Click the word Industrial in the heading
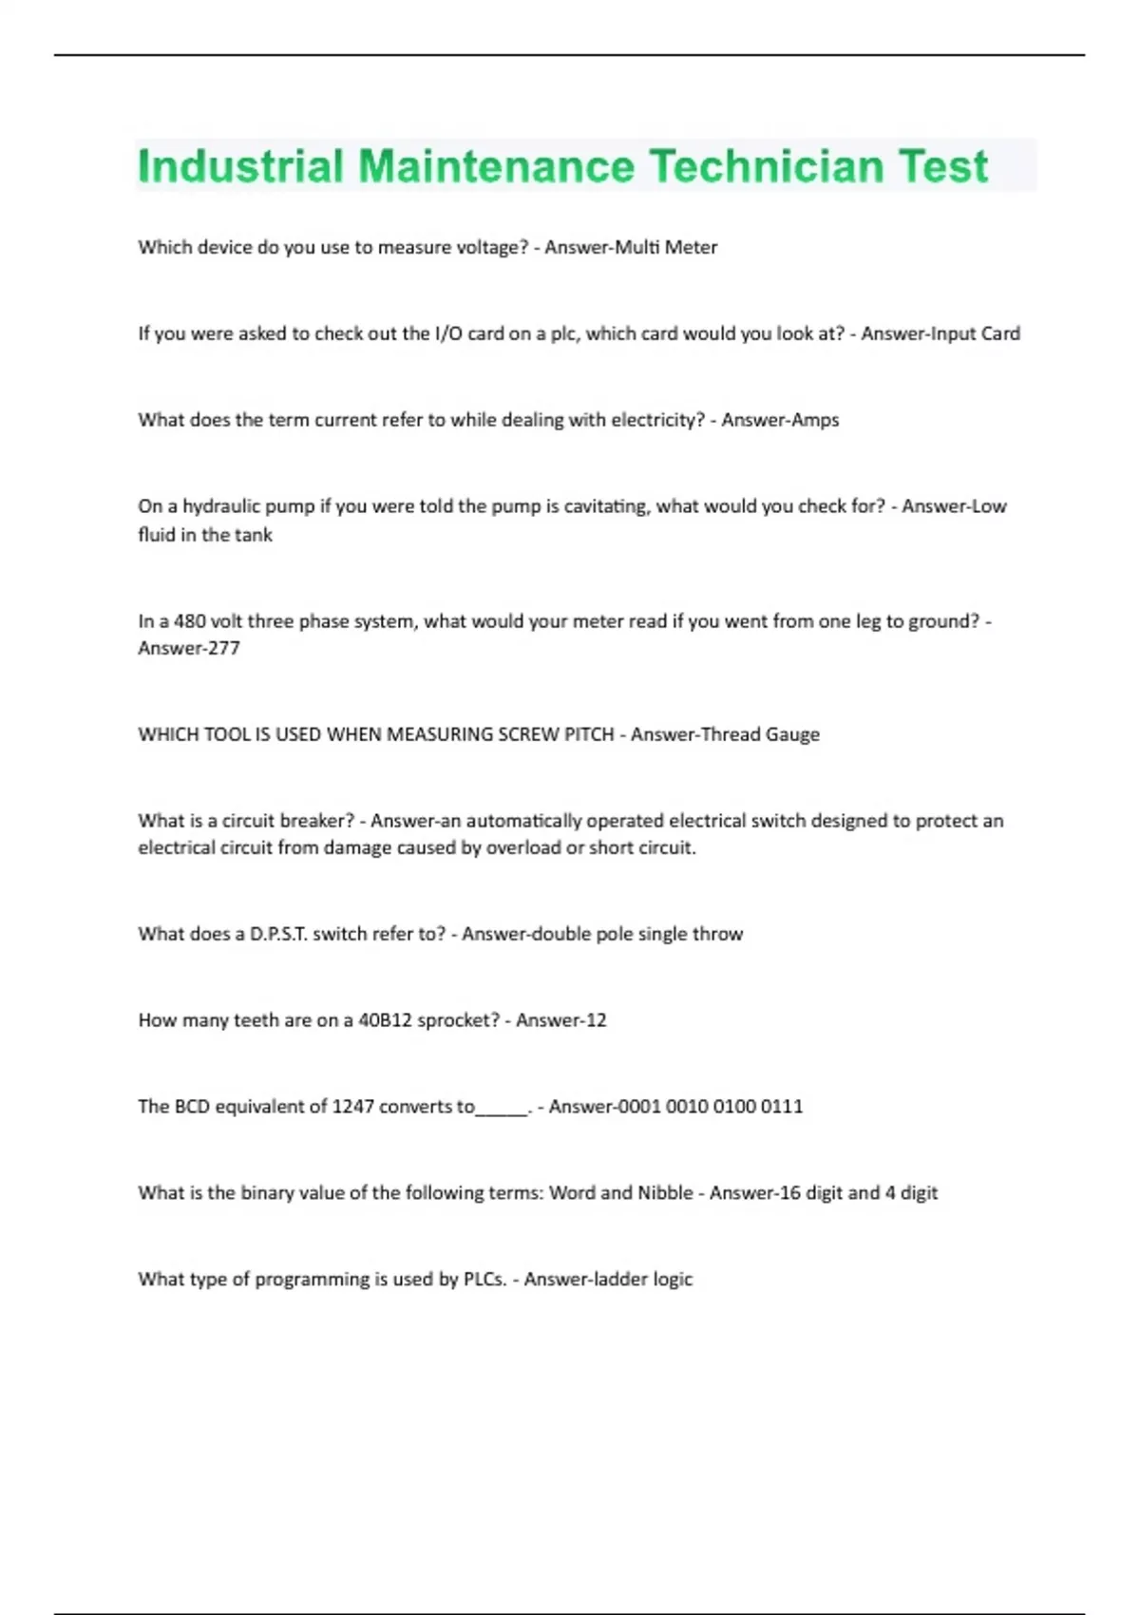(x=240, y=167)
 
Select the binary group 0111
(x=782, y=1107)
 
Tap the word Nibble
(x=665, y=1193)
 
